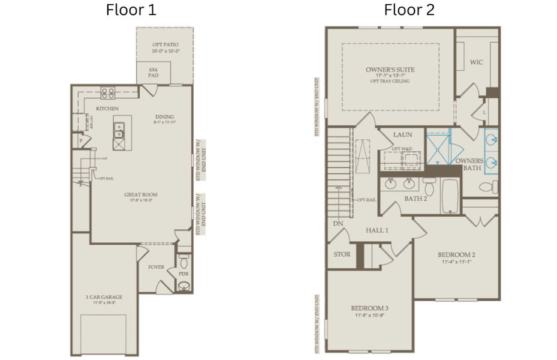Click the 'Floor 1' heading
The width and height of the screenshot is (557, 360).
coord(131,10)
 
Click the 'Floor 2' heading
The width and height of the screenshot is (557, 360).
coord(410,10)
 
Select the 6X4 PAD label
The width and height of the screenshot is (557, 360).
coord(153,73)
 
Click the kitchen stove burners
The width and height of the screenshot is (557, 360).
coord(108,92)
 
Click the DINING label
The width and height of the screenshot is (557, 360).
coord(165,117)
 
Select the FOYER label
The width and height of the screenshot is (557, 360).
coord(156,267)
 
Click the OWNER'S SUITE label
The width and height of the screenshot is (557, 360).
coord(390,70)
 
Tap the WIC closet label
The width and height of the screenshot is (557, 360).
coord(477,62)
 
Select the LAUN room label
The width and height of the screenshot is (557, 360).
coord(401,135)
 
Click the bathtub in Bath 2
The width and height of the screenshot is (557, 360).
coord(451,197)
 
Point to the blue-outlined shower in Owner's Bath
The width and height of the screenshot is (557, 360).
coord(439,148)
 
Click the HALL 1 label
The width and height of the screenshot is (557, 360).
coord(377,230)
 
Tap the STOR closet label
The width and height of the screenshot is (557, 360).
coord(342,254)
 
